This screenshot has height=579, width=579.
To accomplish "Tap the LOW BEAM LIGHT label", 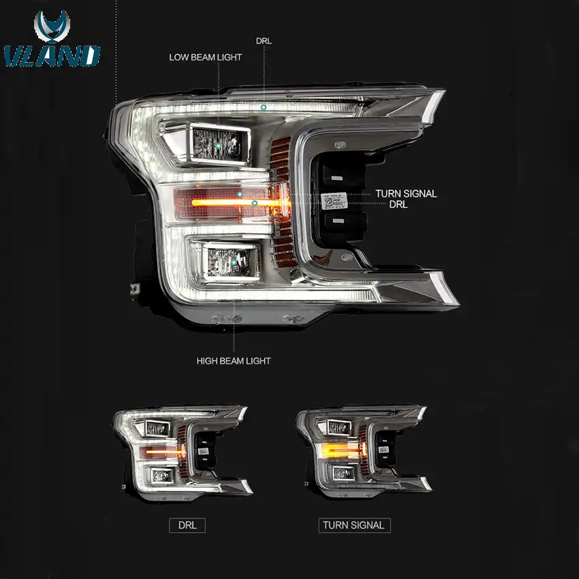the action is click(205, 57).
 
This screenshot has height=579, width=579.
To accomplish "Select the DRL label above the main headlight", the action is click(264, 41).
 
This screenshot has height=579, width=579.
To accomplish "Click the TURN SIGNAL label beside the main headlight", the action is click(406, 193).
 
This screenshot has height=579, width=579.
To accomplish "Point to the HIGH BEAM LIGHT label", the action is click(234, 360).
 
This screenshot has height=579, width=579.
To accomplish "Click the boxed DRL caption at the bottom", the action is click(187, 525).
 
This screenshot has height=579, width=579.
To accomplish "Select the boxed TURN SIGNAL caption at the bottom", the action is click(354, 525).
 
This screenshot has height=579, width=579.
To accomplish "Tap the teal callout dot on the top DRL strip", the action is click(263, 108).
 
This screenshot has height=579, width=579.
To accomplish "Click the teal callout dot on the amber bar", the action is click(254, 203).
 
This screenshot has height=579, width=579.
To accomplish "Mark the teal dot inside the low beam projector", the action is click(219, 146).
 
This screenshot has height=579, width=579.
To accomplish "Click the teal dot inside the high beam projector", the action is click(234, 260).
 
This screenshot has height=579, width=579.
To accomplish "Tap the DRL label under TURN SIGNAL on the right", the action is click(398, 204).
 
